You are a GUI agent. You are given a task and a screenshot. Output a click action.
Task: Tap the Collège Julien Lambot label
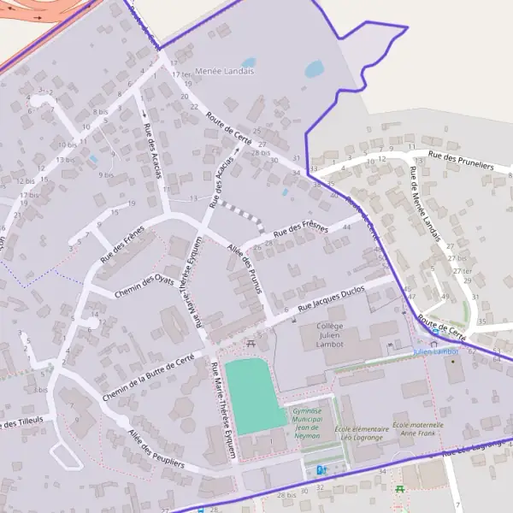click(x=329, y=337)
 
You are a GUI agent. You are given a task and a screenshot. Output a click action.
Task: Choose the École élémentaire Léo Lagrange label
click(x=361, y=433)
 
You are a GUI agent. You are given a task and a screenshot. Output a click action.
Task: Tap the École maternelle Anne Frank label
click(x=418, y=429)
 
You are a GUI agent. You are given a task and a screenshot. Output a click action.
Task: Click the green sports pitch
click(x=255, y=396)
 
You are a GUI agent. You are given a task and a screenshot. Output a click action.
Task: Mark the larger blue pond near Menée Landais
click(x=314, y=68)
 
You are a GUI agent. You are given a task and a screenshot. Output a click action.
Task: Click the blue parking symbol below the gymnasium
click(x=321, y=469)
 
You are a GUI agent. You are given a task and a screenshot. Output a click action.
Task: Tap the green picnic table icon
click(x=399, y=488)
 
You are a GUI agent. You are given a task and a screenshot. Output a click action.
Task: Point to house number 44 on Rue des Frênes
click(x=345, y=227)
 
